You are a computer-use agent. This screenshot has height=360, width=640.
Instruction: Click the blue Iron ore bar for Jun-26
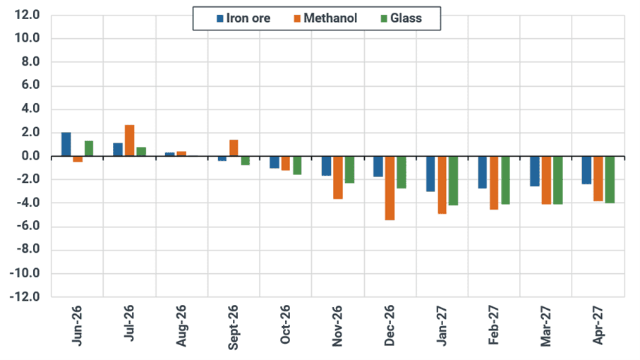[x=66, y=144]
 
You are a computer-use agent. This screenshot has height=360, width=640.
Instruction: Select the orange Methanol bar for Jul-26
[x=129, y=140]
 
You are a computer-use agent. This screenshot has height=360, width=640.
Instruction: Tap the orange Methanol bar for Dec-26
[x=390, y=188]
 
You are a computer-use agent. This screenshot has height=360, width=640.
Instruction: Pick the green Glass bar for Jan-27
[x=454, y=181]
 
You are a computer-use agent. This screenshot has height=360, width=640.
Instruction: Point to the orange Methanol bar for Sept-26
[x=234, y=148]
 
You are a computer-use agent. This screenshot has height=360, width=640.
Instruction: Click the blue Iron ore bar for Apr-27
[x=586, y=170]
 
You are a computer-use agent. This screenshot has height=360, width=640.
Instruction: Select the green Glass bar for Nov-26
[x=349, y=170]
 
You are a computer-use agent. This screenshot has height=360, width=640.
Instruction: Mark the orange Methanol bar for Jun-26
[x=78, y=160]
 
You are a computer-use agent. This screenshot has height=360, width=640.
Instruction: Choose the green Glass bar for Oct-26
[x=297, y=166]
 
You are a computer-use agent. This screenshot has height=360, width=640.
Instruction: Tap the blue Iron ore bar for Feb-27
[x=483, y=172]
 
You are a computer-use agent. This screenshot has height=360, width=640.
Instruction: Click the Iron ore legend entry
[x=243, y=18]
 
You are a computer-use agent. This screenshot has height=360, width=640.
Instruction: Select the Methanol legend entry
[x=326, y=18]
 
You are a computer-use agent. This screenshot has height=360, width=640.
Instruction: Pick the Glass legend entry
[x=401, y=18]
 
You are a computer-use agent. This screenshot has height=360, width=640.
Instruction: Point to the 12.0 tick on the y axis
[x=28, y=15]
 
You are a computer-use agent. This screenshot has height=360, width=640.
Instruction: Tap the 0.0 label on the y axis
[x=30, y=156]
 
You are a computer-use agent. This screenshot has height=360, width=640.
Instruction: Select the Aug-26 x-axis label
[x=181, y=325]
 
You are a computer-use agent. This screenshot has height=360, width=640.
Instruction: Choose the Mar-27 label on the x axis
[x=545, y=326]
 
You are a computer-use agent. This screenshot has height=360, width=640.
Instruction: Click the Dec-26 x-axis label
[x=390, y=325]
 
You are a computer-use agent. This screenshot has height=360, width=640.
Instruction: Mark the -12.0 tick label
[x=25, y=296]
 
